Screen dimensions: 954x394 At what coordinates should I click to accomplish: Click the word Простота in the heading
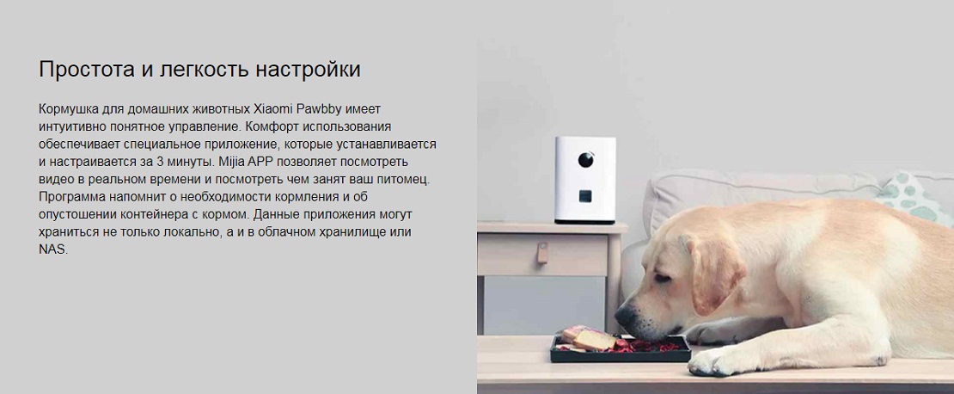pos(88,69)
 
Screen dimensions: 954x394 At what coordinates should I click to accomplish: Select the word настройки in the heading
pos(308,70)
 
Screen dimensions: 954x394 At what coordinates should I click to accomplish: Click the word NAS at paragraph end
pos(52,249)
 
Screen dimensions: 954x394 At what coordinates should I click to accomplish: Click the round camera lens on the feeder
pos(586,159)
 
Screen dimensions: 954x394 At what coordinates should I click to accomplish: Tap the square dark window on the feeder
pos(584,197)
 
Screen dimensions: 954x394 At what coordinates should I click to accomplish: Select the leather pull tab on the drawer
pos(542,253)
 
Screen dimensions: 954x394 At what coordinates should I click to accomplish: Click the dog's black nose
pos(623,316)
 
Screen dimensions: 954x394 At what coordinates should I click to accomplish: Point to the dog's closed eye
pos(663,279)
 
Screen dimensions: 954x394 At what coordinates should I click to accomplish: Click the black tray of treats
pos(621,348)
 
